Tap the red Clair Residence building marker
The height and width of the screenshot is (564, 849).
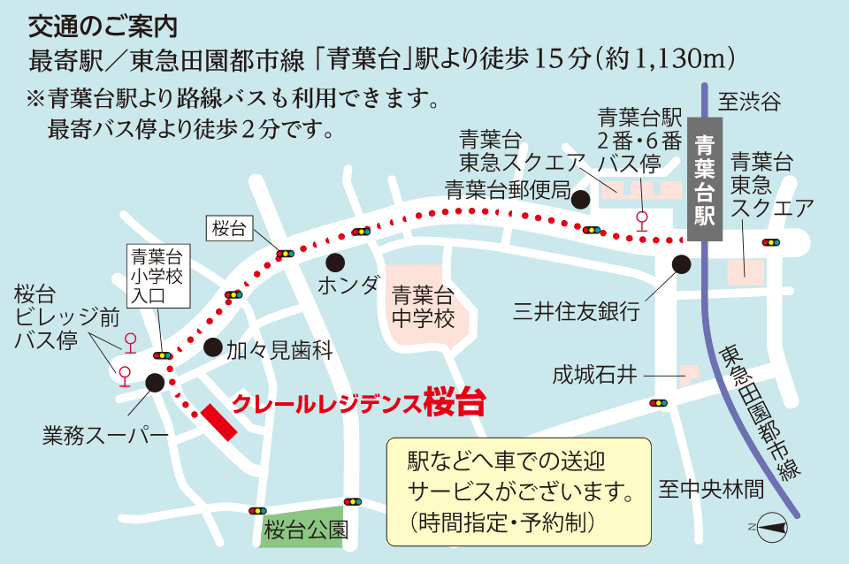218,423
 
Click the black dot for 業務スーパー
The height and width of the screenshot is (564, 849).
154,383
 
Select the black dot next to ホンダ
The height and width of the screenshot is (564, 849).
334,262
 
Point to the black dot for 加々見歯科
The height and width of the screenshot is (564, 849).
212,347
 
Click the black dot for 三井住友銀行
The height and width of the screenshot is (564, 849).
681,263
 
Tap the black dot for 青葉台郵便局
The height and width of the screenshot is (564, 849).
580,200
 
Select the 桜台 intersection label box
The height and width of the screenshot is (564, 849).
229,229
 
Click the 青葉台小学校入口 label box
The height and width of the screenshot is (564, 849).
157,277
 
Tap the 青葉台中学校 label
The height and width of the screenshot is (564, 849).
424,306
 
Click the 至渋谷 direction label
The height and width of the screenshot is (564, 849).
749,102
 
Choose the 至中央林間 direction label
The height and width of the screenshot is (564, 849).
710,489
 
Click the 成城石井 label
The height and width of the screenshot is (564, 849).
595,375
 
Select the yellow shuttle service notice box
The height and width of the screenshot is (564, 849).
518,491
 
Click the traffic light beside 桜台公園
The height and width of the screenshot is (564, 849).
257,511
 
